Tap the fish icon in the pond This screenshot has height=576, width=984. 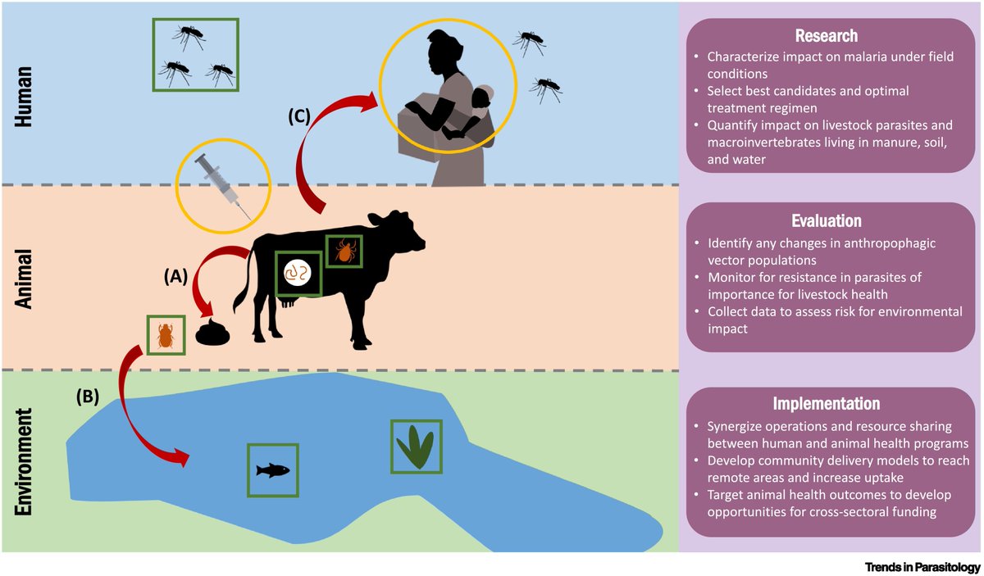coord(272,470)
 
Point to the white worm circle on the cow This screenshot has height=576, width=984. coord(297,274)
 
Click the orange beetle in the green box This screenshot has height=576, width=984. coord(165,335)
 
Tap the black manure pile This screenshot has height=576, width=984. coord(214,333)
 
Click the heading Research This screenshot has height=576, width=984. coord(826,37)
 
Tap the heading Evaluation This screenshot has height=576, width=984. coord(826,221)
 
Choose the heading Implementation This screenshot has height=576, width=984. coord(826,404)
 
